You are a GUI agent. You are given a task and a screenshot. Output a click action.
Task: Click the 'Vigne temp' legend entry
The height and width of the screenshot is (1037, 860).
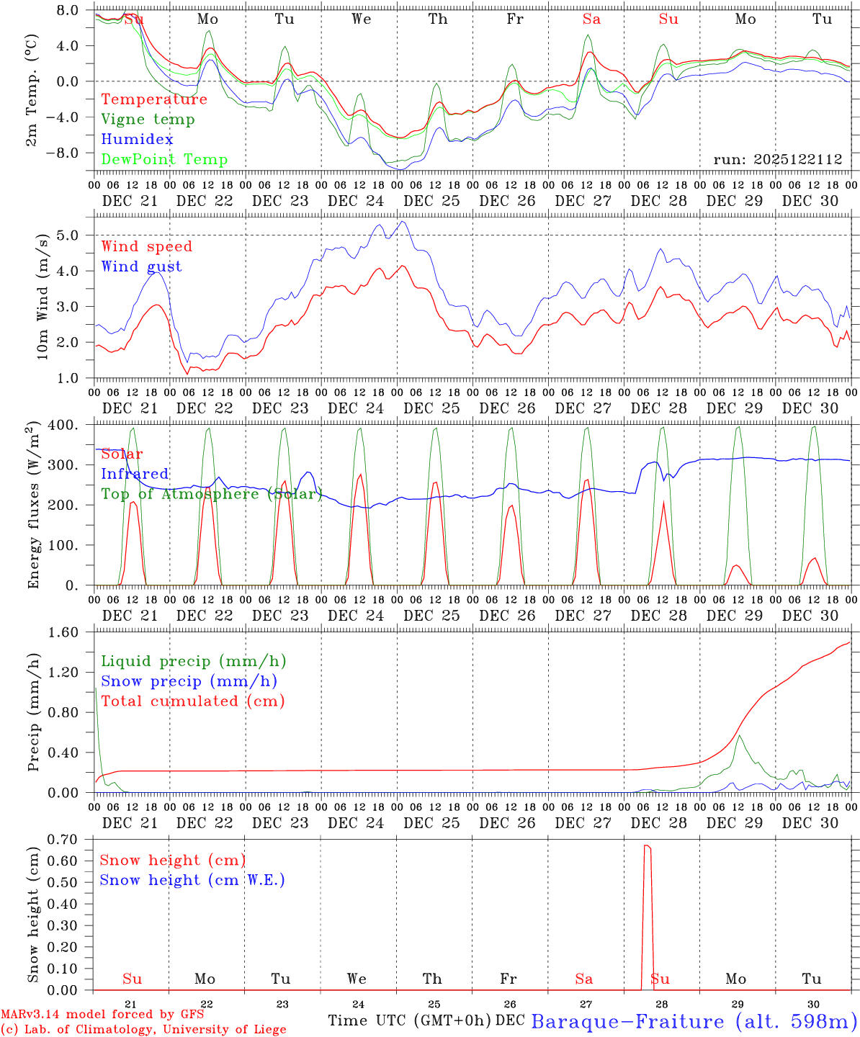coord(148,120)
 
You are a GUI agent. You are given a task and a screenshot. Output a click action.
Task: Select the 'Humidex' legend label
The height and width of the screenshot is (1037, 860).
coord(137,140)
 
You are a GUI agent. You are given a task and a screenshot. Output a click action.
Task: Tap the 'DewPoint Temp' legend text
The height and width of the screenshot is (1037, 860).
coord(164,160)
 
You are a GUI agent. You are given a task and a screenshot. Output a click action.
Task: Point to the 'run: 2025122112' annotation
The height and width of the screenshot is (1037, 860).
coord(777,160)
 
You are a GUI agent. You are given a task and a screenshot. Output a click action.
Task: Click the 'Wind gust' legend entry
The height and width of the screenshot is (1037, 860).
coord(141,266)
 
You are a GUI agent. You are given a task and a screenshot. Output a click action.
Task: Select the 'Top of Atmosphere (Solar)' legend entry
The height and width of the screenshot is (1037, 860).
coord(212,494)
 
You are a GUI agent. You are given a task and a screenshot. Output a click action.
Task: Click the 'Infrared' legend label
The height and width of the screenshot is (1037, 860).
coord(135,474)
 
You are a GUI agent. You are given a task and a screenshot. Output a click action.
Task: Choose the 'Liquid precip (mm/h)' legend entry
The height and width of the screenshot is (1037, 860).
coord(193,661)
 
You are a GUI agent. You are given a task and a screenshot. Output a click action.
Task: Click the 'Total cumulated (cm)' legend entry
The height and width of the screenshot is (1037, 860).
coord(193,701)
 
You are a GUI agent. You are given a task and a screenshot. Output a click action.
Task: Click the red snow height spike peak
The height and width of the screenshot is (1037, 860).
coord(647,845)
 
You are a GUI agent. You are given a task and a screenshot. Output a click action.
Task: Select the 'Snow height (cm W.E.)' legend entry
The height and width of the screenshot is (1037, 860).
coord(192,880)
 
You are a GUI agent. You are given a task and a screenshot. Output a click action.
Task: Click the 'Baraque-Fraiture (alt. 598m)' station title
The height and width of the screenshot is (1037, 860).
coord(694,1021)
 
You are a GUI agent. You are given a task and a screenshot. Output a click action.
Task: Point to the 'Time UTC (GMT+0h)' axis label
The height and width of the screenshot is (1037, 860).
coord(409,1020)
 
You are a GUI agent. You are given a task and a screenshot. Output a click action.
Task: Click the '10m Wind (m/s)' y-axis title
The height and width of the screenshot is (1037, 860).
coord(42,296)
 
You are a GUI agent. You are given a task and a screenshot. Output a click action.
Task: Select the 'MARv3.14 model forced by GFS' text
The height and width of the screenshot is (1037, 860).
coord(102,1015)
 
